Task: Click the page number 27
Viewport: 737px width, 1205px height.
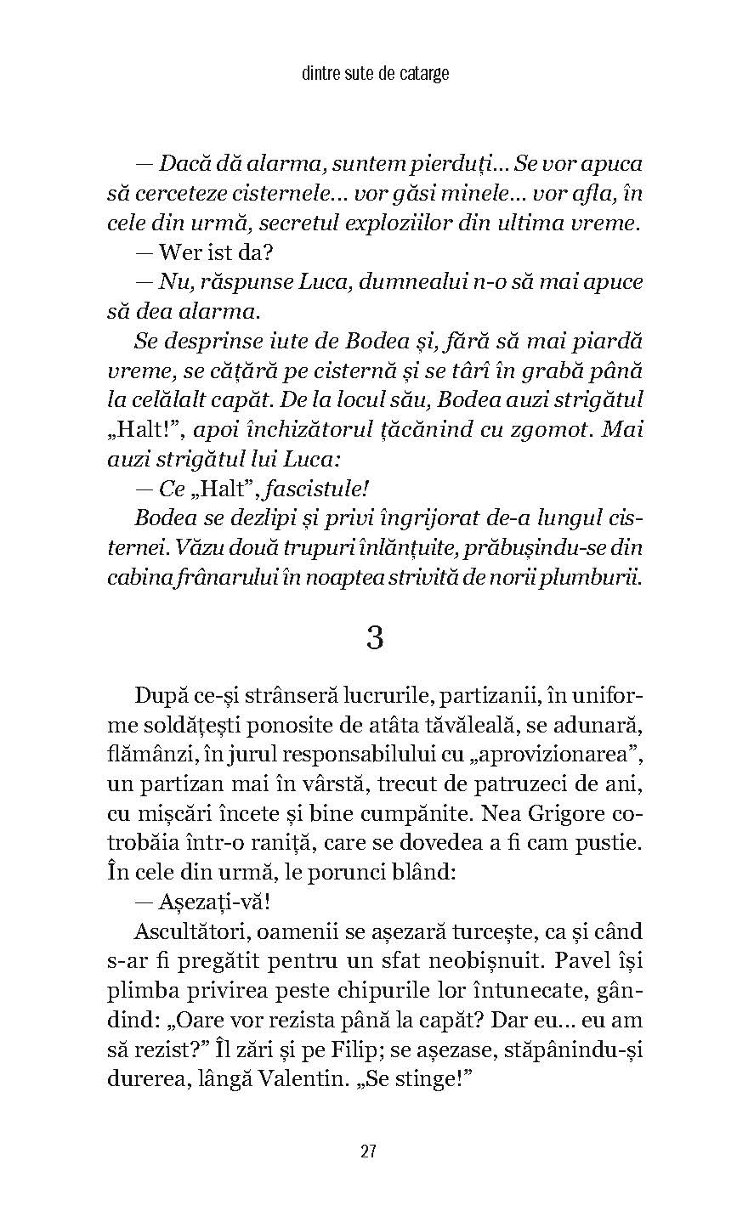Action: click(368, 1151)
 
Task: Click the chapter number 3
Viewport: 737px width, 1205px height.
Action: click(374, 636)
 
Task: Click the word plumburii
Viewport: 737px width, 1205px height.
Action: click(603, 576)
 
